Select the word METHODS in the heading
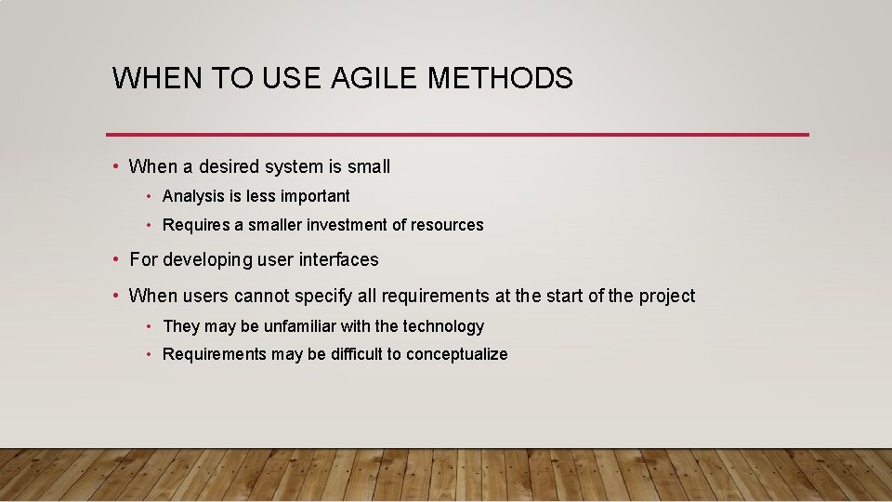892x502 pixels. coord(500,78)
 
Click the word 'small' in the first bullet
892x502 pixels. coord(369,167)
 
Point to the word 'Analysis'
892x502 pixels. coord(193,196)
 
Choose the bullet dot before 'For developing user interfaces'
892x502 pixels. coord(114,259)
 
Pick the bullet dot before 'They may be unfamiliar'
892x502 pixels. coord(149,326)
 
